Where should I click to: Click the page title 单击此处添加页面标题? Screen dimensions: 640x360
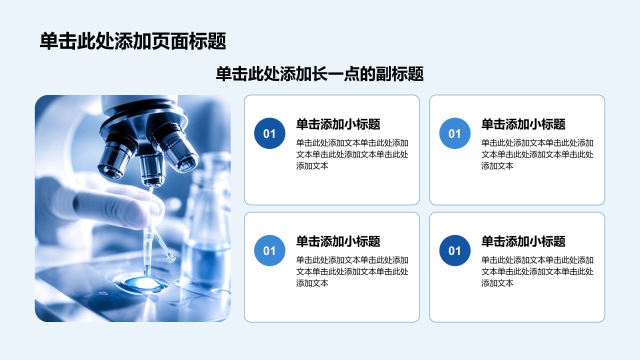click(133, 41)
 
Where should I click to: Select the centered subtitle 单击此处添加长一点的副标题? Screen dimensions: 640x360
click(319, 74)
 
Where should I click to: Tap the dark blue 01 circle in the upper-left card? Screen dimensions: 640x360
click(269, 133)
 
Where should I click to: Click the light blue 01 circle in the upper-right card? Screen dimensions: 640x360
click(455, 133)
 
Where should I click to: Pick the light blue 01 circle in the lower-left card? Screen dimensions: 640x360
click(269, 250)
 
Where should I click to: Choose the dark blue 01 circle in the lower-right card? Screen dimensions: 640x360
click(455, 250)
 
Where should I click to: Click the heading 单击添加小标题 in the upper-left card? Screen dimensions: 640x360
click(338, 124)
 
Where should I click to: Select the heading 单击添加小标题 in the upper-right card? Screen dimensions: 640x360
click(523, 124)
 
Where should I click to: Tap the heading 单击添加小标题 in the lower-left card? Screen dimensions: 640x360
click(338, 241)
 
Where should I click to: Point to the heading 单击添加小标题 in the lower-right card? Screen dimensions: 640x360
click(523, 241)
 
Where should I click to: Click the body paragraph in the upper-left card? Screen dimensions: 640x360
click(352, 154)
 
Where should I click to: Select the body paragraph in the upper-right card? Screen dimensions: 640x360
click(537, 154)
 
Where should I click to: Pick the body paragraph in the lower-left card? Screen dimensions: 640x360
click(352, 271)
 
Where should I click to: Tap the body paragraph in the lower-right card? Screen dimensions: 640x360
click(537, 271)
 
